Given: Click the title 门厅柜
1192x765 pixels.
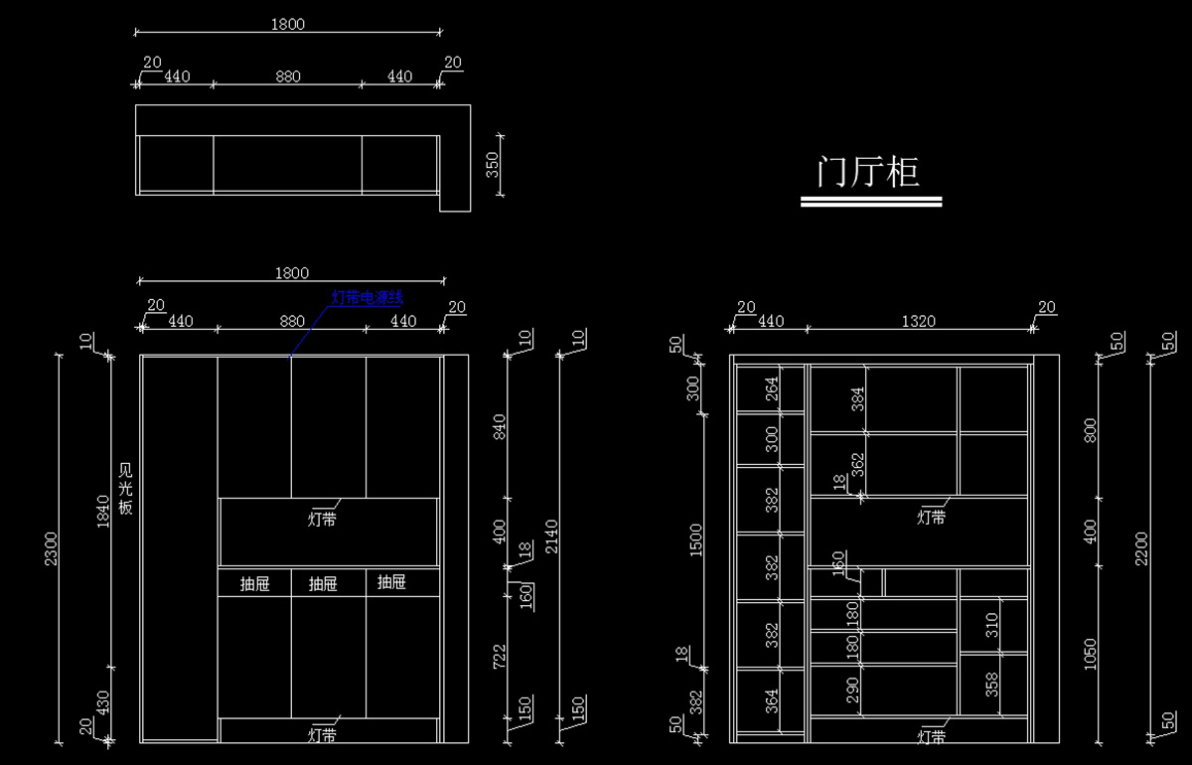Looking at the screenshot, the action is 868,171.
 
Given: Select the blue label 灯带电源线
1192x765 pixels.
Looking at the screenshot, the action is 367,297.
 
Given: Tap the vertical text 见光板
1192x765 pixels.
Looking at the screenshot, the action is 125,487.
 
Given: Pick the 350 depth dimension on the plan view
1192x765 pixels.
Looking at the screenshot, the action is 492,165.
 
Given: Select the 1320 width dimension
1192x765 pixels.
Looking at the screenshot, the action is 920,321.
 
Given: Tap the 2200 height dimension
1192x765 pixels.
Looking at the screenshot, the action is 1141,548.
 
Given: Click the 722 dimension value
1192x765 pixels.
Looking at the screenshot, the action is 499,659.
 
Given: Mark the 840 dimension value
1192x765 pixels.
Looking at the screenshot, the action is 499,427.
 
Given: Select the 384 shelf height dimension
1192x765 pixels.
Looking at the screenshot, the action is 857,399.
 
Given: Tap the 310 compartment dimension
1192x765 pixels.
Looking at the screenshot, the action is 990,625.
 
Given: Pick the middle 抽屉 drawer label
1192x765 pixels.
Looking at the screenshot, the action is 323,583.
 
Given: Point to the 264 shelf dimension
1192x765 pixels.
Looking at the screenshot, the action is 772,390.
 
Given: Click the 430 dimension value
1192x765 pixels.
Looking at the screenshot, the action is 103,702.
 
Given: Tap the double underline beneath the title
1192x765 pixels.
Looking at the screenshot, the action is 871,202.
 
